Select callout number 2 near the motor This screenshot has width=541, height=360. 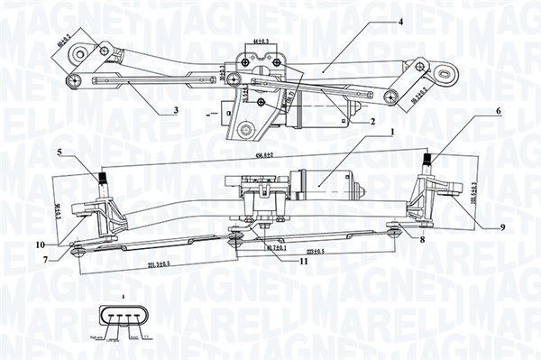coord(371,122)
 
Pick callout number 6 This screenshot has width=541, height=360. coord(496,110)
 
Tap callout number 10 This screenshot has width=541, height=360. coord(41,245)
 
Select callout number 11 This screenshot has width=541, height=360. coord(304,261)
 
